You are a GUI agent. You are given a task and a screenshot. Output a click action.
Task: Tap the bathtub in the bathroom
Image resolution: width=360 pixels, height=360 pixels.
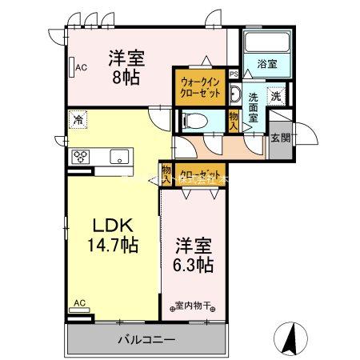[x=267, y=43]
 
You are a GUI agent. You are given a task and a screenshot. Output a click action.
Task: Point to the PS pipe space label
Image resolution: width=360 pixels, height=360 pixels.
[x=234, y=74]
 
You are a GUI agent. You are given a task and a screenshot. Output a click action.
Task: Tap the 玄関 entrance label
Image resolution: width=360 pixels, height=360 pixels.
[x=281, y=138]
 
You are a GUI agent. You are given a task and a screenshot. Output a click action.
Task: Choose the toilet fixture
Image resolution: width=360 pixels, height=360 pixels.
[x=194, y=121]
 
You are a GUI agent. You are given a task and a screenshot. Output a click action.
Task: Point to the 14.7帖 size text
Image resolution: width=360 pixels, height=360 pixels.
[x=111, y=245]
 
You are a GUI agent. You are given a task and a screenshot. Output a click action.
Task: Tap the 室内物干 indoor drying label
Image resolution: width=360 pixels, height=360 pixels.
[x=194, y=304]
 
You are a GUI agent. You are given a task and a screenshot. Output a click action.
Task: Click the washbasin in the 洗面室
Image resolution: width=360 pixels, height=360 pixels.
[x=234, y=94]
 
